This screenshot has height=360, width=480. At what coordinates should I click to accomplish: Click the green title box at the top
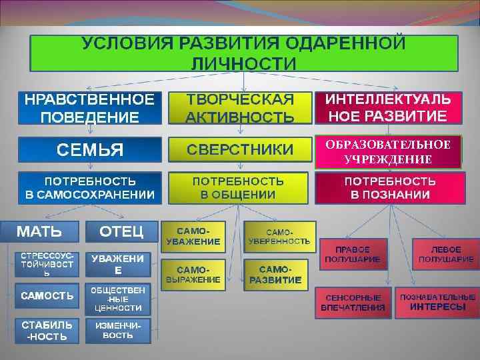pos(243,53)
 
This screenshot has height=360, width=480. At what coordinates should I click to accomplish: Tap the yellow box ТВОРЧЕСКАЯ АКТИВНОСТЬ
pos(240,108)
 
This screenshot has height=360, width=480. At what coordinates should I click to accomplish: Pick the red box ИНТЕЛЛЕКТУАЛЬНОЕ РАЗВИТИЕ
pos(387,108)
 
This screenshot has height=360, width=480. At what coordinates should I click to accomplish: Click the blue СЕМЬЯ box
pos(89,149)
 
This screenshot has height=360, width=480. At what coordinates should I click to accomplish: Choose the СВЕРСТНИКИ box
pos(240,149)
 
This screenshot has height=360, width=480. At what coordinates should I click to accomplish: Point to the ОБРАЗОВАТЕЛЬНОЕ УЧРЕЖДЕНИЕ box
pos(387,152)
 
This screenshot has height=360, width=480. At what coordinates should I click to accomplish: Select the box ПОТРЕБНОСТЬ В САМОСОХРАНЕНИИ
pos(90,188)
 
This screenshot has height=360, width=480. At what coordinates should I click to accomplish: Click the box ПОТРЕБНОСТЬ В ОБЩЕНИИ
pos(238,188)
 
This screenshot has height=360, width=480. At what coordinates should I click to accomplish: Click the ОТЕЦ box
pos(121,232)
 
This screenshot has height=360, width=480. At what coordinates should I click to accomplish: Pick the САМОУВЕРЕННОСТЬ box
pos(279,235)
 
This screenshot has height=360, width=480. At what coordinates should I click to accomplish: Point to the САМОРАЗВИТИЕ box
pos(279,274)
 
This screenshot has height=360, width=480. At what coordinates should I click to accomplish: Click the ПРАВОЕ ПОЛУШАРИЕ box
pos(353,253)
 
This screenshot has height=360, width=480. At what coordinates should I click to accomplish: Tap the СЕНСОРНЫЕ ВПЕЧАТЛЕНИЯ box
pos(353,302)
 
